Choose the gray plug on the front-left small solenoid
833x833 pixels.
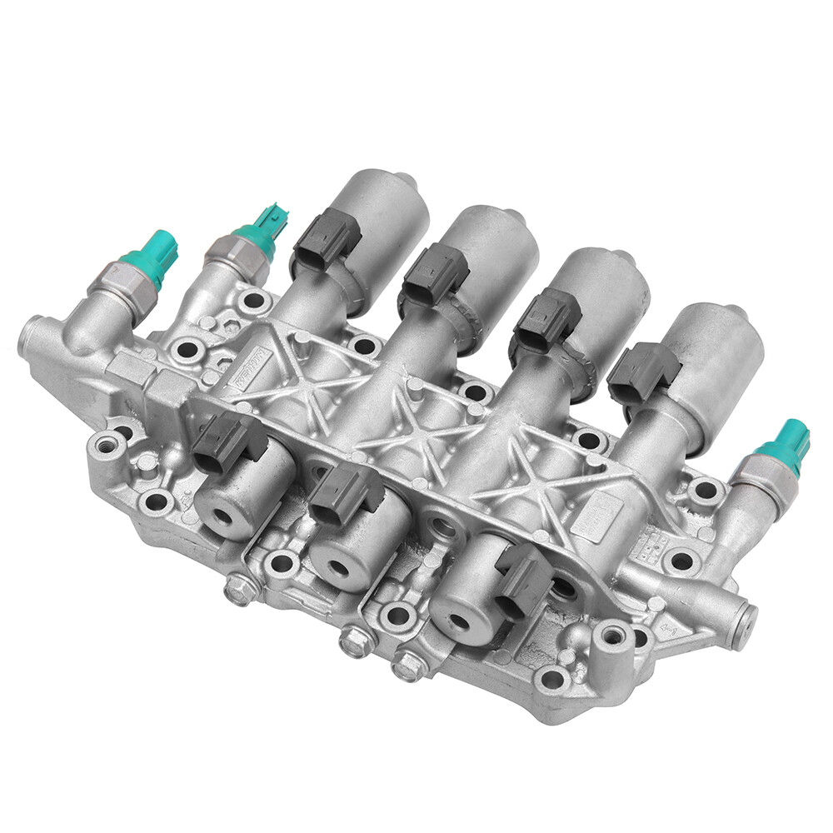click(227, 438)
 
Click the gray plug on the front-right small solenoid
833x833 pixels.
click(522, 581)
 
